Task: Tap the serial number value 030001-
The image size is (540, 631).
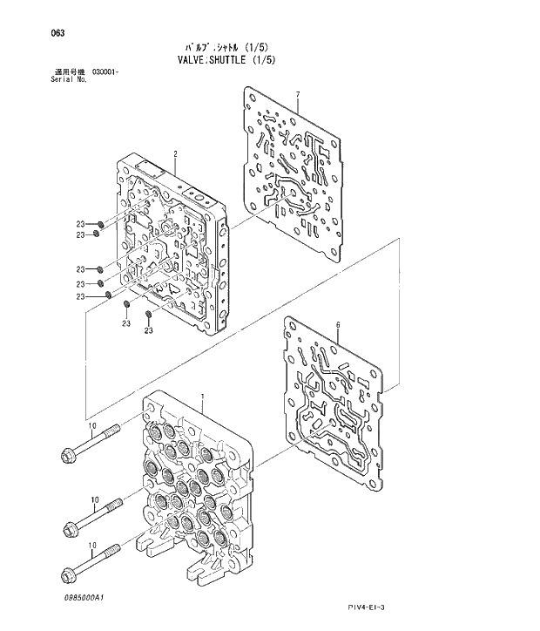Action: point(105,71)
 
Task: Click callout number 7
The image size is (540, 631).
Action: point(297,94)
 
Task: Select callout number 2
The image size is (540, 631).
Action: point(175,154)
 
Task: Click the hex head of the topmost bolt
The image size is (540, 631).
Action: point(68,453)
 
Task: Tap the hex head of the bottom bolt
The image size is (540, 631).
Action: point(68,574)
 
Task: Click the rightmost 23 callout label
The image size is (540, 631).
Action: point(148,331)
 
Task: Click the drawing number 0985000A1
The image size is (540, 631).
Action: point(84,597)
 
